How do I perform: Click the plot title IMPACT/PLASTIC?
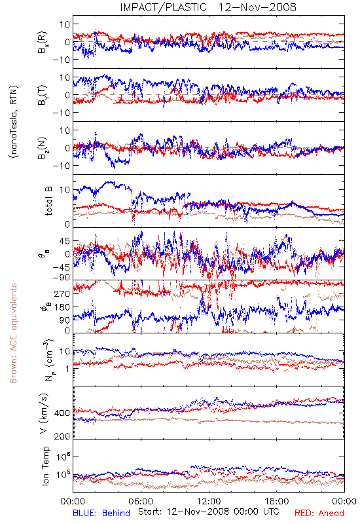(x=163, y=7)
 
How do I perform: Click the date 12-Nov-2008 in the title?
(x=257, y=7)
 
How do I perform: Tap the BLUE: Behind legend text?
(x=101, y=513)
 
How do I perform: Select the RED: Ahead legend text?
(x=319, y=513)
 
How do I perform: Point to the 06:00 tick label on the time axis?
(x=141, y=501)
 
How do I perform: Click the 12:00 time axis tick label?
(x=209, y=501)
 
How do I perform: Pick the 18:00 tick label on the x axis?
(x=277, y=501)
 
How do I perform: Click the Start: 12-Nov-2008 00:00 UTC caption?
(x=209, y=512)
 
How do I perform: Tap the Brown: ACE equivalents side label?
(x=13, y=333)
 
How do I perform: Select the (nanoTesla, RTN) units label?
(x=14, y=121)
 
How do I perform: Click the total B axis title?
(x=48, y=201)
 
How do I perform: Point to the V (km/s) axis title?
(x=44, y=413)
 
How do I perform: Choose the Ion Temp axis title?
(x=45, y=466)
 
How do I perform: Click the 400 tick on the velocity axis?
(x=62, y=413)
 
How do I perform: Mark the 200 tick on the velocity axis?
(x=62, y=436)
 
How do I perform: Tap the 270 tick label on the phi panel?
(x=62, y=293)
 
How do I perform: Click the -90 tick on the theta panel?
(x=62, y=278)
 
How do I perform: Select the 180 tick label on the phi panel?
(x=62, y=307)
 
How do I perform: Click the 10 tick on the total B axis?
(x=65, y=190)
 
